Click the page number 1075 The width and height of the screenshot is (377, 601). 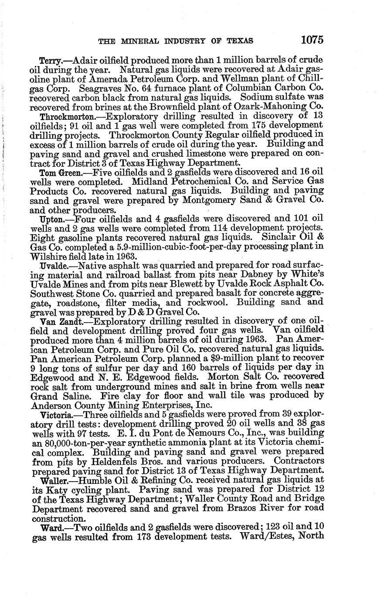(x=312, y=40)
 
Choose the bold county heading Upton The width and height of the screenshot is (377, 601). (x=49, y=219)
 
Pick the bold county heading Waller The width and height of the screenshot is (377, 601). (x=51, y=480)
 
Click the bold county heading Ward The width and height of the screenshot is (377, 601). (x=48, y=527)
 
